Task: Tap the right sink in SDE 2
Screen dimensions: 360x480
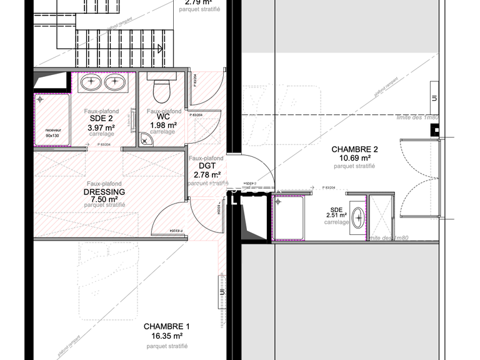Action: tap(115, 81)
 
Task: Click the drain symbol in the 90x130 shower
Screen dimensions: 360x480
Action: tap(41, 99)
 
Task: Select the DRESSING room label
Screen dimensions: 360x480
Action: tap(104, 192)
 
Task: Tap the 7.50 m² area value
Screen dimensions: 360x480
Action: tap(104, 199)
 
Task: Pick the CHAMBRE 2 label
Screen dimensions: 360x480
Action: tap(354, 149)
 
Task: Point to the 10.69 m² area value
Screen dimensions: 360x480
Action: tap(354, 158)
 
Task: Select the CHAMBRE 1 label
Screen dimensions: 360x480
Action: tap(166, 327)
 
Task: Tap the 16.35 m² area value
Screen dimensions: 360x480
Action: tap(166, 336)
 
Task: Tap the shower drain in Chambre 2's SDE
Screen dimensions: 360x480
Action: tap(278, 201)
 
